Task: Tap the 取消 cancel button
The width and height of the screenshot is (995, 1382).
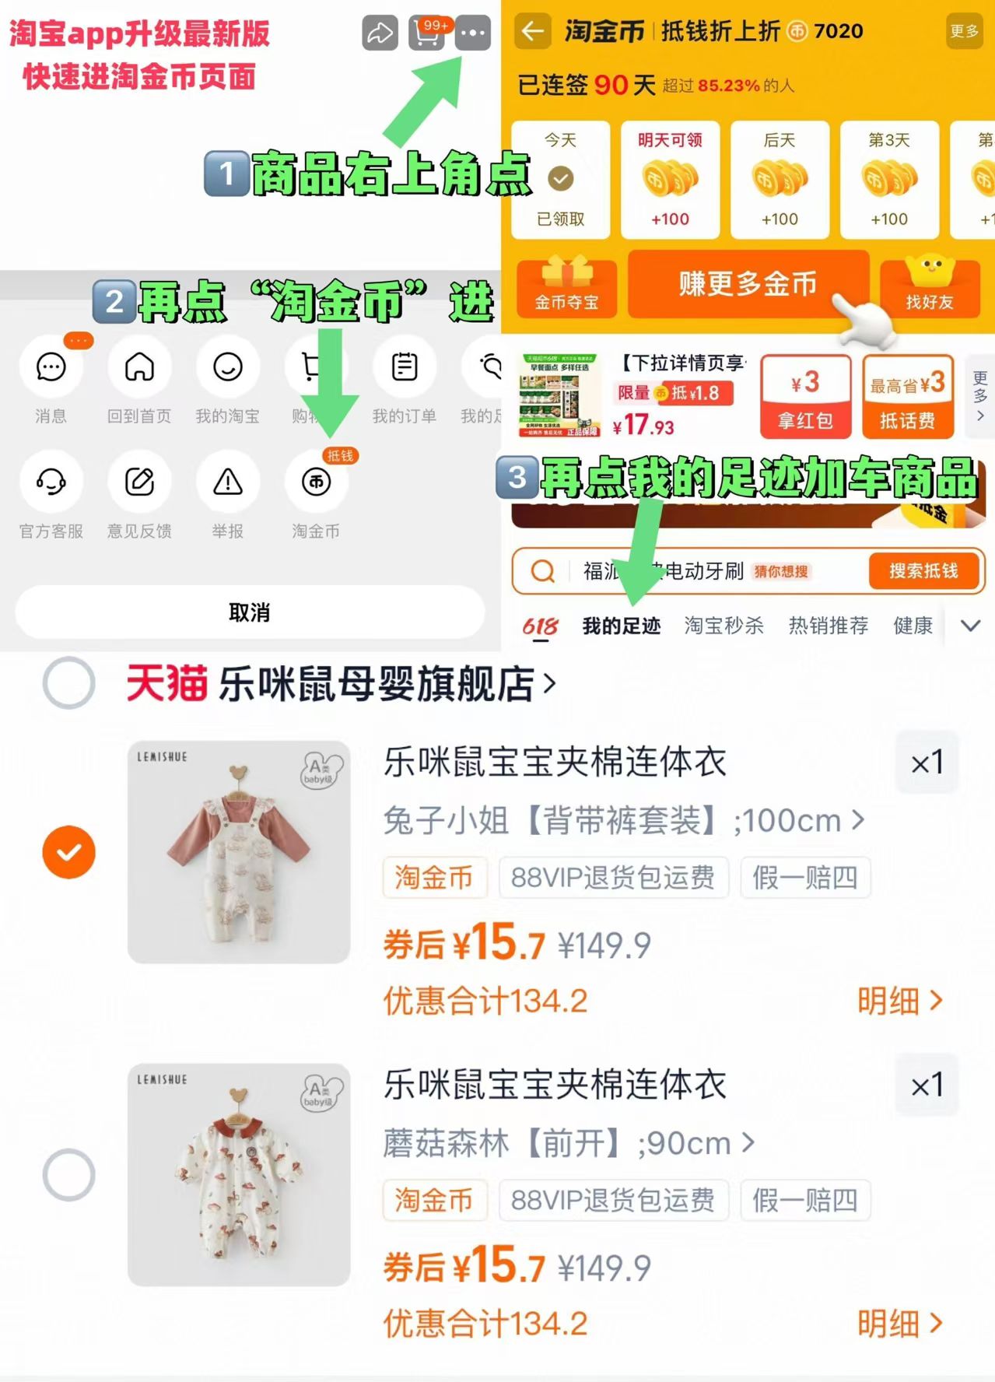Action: click(x=250, y=612)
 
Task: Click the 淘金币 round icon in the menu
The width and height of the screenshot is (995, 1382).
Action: click(x=316, y=482)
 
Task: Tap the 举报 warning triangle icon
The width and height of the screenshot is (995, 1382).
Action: click(x=228, y=482)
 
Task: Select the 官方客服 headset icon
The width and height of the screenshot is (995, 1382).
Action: click(x=51, y=482)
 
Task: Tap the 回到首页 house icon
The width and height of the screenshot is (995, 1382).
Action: click(x=139, y=367)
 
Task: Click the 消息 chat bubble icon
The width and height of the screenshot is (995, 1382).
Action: click(x=51, y=367)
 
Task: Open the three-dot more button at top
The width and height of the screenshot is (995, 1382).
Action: click(x=473, y=33)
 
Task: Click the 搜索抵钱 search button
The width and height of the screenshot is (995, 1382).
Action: click(x=923, y=571)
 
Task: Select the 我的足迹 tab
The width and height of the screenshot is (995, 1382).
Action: click(x=622, y=626)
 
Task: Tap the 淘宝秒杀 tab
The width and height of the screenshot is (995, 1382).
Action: click(x=723, y=626)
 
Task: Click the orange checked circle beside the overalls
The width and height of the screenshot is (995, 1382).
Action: click(x=69, y=852)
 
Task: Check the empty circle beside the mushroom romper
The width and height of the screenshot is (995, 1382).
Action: click(x=69, y=1175)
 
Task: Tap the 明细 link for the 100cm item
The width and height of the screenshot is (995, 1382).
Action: click(x=899, y=1001)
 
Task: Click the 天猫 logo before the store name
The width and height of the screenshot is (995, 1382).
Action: click(x=166, y=684)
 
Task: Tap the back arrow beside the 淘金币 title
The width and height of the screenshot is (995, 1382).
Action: click(x=533, y=31)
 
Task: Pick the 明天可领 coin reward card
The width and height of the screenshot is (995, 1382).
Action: click(x=670, y=180)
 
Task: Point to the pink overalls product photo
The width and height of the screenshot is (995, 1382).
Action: click(x=239, y=852)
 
